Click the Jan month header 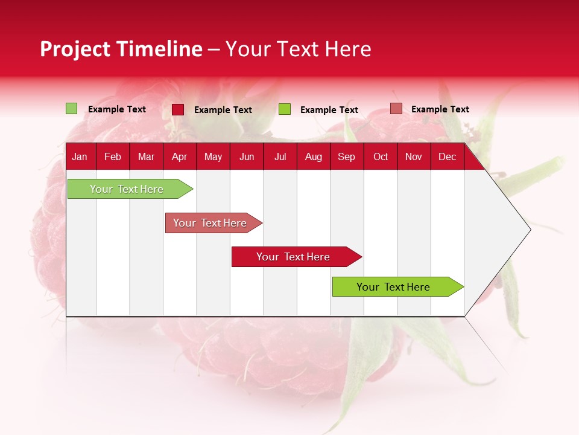tap(80, 157)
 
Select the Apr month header tap(179, 157)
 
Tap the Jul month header tap(280, 157)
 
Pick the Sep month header tap(346, 157)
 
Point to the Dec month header tap(447, 157)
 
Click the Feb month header tap(113, 157)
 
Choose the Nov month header tap(413, 157)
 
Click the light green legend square tap(71, 109)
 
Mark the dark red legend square tap(178, 109)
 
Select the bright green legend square tap(285, 109)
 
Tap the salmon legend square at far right tap(396, 109)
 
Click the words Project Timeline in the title tap(121, 49)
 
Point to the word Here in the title tap(348, 49)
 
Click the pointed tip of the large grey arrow tap(530, 230)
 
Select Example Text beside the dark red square tap(223, 110)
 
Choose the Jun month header tap(247, 157)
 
